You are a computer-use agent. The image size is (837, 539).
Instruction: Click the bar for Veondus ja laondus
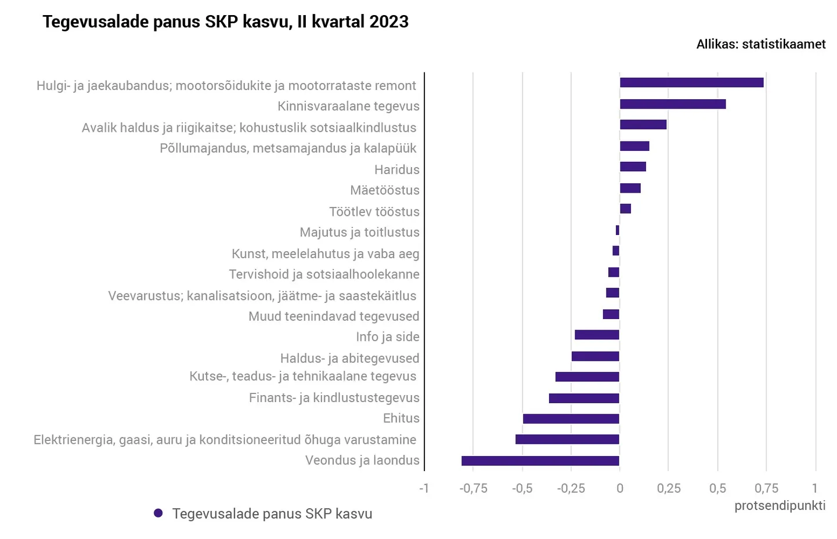tap(540, 461)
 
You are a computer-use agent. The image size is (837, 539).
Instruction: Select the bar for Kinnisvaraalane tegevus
tap(672, 104)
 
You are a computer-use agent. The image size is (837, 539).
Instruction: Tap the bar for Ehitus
tap(571, 419)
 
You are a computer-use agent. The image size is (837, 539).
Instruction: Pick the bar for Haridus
tap(633, 167)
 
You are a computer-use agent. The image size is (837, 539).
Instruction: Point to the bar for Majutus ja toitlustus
tap(618, 230)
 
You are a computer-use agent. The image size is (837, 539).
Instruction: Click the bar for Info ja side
tap(597, 335)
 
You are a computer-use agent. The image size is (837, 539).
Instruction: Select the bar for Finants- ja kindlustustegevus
tap(584, 398)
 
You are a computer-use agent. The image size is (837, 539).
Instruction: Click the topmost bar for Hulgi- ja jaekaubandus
tap(691, 82)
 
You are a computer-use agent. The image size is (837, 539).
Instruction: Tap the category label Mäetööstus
tap(384, 190)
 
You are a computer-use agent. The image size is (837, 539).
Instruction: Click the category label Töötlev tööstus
tap(374, 212)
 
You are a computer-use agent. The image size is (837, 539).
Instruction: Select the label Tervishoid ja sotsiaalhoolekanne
tap(324, 274)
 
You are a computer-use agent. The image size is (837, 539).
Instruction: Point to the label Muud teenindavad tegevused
tap(333, 317)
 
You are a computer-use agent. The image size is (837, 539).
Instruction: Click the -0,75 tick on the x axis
tap(473, 489)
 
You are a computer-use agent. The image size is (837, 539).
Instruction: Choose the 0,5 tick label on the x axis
tap(717, 489)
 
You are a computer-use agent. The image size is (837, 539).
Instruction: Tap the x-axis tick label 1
tap(815, 488)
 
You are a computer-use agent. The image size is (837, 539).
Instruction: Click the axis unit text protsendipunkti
tap(780, 506)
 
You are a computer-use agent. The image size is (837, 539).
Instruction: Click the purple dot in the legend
tap(158, 513)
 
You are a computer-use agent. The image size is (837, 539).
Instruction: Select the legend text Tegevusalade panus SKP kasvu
tap(272, 514)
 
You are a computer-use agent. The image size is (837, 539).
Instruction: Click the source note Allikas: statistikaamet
tap(760, 44)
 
